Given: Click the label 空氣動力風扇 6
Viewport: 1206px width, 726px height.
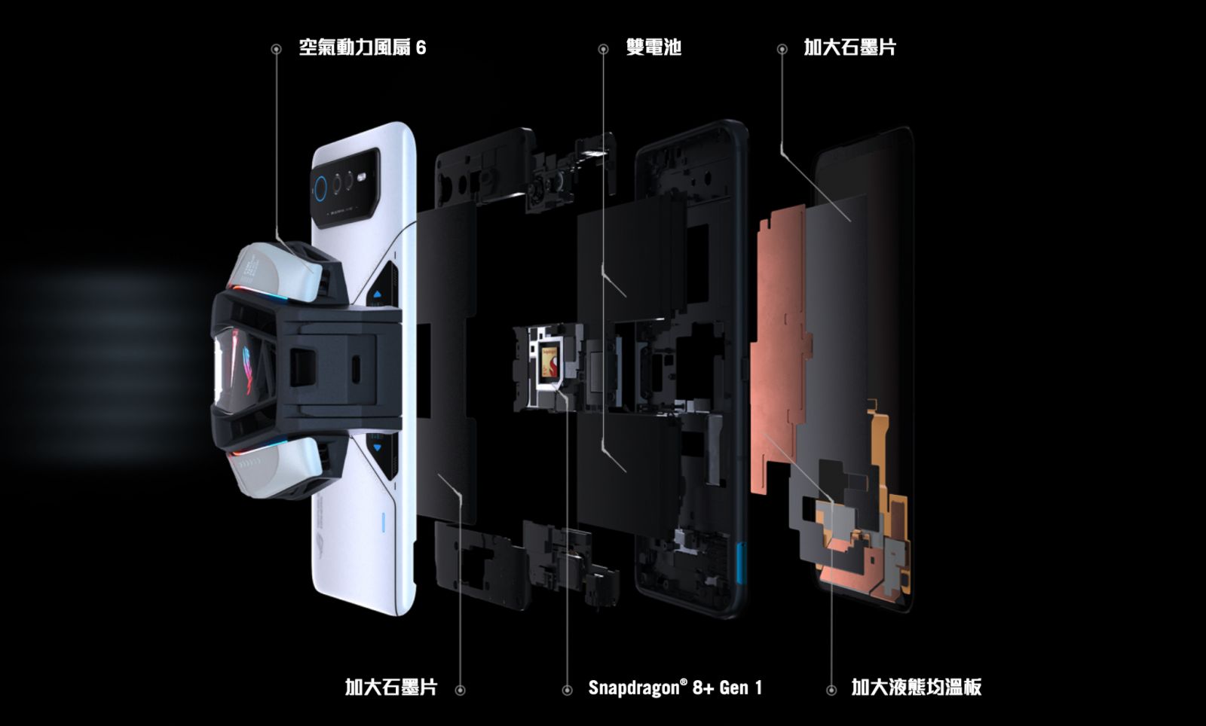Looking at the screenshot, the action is click(363, 47).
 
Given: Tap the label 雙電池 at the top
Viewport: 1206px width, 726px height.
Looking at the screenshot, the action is click(654, 47).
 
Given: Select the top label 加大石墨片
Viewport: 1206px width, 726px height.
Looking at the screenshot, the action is click(849, 47).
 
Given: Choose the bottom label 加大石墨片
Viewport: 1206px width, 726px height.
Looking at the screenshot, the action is click(391, 688).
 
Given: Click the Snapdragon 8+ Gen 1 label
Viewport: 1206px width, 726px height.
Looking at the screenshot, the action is click(675, 688).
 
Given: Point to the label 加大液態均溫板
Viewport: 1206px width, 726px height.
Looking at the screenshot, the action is click(917, 688).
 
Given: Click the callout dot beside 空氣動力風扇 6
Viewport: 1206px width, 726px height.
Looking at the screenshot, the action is click(276, 50).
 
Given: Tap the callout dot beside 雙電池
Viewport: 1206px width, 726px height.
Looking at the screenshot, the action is click(603, 50).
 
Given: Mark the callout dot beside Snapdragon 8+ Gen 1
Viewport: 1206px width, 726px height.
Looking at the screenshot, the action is click(567, 690).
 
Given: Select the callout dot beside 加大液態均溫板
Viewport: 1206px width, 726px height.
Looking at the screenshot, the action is click(831, 690).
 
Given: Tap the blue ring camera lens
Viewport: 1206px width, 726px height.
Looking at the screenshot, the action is click(321, 189).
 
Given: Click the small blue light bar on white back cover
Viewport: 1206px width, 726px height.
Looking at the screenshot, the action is click(384, 522).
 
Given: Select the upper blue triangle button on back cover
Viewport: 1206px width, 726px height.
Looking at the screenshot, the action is click(377, 294).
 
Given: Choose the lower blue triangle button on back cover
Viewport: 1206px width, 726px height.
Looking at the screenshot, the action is click(377, 447).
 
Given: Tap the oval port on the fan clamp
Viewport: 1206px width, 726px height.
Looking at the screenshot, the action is click(356, 368).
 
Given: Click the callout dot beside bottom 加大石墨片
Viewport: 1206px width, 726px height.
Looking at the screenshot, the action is click(460, 690).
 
